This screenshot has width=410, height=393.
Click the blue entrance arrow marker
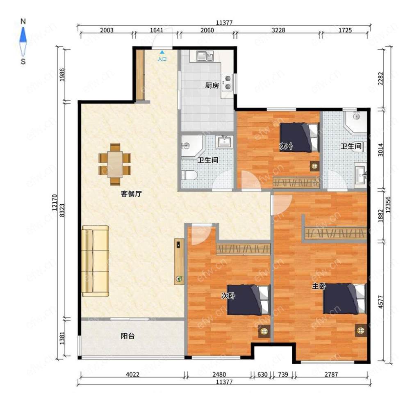tap(162, 53)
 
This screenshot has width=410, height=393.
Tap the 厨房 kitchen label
tap(212, 85)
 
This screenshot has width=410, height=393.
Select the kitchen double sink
tap(205, 56)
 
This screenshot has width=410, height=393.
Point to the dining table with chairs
tap(115, 165)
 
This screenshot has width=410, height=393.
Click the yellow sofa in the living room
tap(95, 261)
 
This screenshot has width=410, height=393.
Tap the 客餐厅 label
tap(131, 194)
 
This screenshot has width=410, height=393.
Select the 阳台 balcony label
tap(128, 336)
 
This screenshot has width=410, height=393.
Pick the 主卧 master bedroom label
tap(319, 286)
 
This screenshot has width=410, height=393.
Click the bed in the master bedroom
tap(344, 299)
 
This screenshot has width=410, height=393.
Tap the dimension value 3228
tap(278, 30)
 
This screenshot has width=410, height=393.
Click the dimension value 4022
tap(132, 375)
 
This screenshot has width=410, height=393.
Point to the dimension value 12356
tap(388, 205)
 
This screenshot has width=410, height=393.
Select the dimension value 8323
tap(62, 210)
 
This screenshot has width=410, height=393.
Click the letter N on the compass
tap(23, 21)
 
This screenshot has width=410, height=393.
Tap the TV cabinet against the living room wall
tap(179, 261)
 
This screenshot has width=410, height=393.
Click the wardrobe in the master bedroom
tap(336, 233)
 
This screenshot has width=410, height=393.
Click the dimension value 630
tap(262, 375)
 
